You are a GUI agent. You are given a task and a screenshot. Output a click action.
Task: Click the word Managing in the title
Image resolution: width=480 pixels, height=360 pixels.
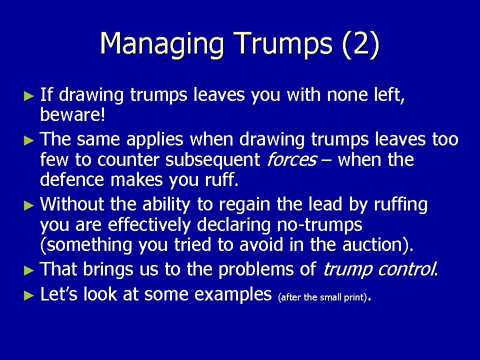pyautogui.click(x=162, y=44)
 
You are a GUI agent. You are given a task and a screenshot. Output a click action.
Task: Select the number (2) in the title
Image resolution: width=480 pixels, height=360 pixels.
pyautogui.click(x=360, y=44)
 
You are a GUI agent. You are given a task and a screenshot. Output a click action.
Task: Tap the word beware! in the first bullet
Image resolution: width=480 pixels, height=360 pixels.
pyautogui.click(x=72, y=114)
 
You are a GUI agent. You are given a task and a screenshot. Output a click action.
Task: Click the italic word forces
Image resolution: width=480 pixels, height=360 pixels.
pyautogui.click(x=291, y=159)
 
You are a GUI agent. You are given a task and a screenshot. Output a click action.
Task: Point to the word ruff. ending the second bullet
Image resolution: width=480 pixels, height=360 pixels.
pyautogui.click(x=221, y=179)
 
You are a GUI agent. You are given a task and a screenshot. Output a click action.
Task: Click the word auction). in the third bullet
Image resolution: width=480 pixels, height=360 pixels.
pyautogui.click(x=378, y=245)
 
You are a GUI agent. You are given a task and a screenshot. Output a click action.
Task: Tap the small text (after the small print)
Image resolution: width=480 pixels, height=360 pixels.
pyautogui.click(x=322, y=297)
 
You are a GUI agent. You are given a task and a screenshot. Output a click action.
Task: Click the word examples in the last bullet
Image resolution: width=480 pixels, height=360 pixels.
pyautogui.click(x=233, y=294)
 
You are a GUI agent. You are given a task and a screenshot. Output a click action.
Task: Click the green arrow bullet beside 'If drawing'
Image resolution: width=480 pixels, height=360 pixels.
pyautogui.click(x=29, y=96)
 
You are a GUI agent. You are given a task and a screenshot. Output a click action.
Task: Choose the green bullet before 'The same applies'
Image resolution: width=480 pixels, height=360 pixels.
pyautogui.click(x=29, y=140)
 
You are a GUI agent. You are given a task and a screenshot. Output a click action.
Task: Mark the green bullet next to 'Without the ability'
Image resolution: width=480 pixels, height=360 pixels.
pyautogui.click(x=29, y=205)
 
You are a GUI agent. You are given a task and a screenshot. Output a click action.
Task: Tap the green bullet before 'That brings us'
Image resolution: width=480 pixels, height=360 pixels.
pyautogui.click(x=29, y=270)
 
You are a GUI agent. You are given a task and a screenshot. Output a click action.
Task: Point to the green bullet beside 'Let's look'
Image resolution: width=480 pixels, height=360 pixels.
pyautogui.click(x=29, y=295)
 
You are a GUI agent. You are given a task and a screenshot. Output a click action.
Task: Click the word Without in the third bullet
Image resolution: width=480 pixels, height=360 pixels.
pyautogui.click(x=72, y=204)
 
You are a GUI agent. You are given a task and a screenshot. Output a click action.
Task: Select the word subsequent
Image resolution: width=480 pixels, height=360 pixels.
pyautogui.click(x=213, y=160)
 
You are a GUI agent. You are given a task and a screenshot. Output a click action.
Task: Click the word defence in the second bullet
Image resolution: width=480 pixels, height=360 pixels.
pyautogui.click(x=72, y=179)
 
